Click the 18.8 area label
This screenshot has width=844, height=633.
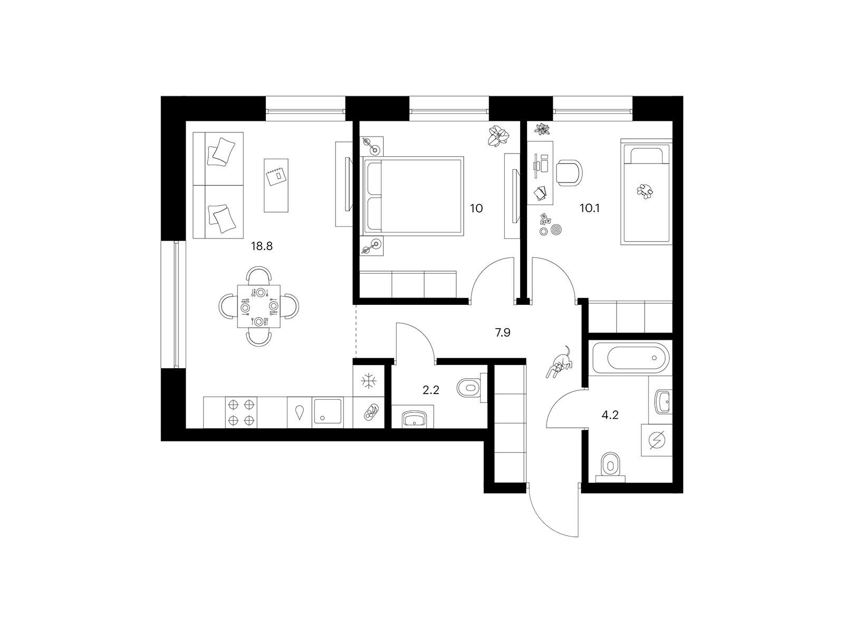tap(262, 246)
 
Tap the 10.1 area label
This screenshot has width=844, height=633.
tap(589, 208)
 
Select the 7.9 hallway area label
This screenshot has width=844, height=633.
tap(503, 332)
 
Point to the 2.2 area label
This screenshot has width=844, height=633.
tap(430, 390)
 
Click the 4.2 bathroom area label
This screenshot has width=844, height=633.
tap(610, 415)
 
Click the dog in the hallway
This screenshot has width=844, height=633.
tap(560, 362)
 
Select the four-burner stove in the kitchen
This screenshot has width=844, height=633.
tap(241, 413)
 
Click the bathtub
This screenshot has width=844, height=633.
tap(630, 358)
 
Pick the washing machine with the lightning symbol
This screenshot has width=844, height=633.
tap(656, 440)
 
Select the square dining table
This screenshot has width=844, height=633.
tap(258, 306)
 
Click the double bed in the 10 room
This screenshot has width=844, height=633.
tap(413, 196)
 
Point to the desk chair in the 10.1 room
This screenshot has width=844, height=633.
tap(570, 173)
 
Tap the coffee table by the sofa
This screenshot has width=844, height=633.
tap(276, 185)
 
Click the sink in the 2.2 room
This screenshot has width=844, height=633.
tap(413, 418)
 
